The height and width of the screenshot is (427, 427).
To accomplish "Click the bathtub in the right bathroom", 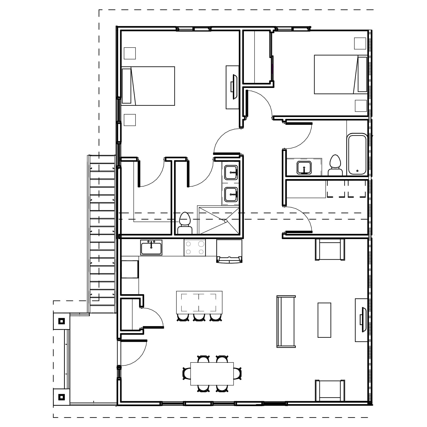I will point(357,155).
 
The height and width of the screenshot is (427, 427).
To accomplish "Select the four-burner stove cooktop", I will point(195,248).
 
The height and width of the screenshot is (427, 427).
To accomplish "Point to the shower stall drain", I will point(226,221).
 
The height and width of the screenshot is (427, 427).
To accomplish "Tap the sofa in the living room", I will point(286,322).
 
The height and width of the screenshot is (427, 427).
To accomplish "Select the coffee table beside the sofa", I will point(324,320).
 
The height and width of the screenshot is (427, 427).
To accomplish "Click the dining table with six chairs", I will point(212,373).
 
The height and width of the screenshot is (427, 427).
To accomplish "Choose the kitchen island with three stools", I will point(199,302).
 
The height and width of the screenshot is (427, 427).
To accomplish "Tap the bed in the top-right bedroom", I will point(340,74).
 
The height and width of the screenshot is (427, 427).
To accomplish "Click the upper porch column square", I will point(62,321).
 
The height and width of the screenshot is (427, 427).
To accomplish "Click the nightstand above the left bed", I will point(130,53).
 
